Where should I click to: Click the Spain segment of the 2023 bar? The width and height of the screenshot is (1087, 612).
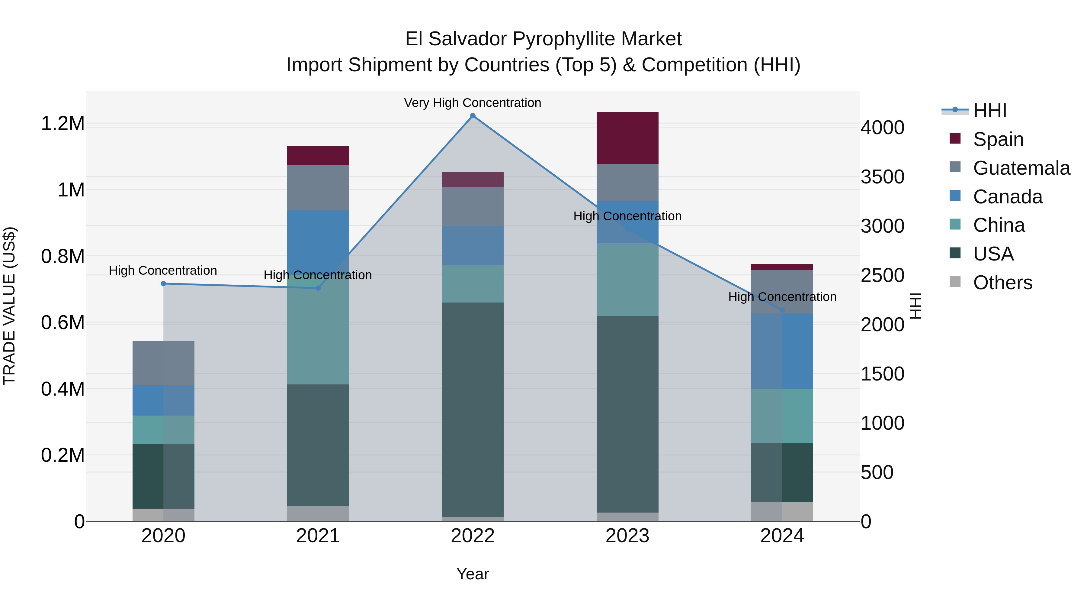627,138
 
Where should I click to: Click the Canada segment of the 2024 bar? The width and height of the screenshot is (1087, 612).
782,351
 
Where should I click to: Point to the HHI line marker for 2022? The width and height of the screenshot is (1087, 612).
473,116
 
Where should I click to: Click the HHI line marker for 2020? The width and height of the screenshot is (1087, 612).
163,283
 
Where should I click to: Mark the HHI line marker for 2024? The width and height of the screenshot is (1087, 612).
782,310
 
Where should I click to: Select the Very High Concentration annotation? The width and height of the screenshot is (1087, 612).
472,103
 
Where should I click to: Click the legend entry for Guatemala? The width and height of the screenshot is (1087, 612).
1021,168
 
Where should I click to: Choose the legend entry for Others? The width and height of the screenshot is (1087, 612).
1002,282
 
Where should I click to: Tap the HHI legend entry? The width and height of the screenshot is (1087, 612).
989,111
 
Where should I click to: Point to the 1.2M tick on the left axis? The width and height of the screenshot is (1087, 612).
63,123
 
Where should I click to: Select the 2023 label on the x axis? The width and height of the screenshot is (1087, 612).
627,536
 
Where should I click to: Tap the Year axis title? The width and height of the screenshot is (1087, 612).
473,574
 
